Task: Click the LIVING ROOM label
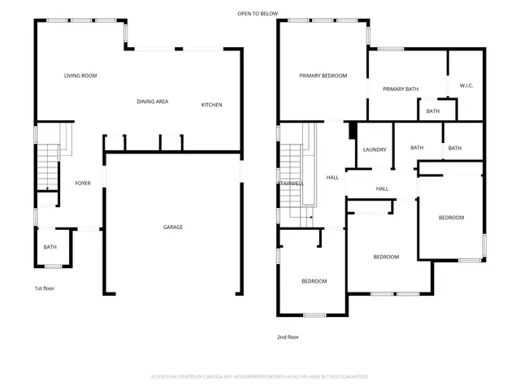coord(80,76)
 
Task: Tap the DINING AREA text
coord(152,102)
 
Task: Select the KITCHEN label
coord(211,105)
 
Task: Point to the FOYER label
coord(83,184)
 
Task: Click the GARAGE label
coord(172,227)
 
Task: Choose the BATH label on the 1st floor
coord(50,247)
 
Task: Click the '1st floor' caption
coord(44,288)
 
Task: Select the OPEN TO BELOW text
coord(258,14)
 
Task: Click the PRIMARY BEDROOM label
coord(323,76)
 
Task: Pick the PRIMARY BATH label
coord(399,89)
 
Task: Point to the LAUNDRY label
coord(375,149)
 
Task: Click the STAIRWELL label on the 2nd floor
coord(290,184)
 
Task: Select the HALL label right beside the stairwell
coord(332,177)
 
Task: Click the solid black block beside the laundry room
coord(352,130)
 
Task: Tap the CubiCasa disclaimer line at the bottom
coord(259,377)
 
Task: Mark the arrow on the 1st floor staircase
coord(48,188)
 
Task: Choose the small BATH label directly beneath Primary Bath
coord(432,111)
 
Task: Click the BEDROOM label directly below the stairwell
coord(314,281)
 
